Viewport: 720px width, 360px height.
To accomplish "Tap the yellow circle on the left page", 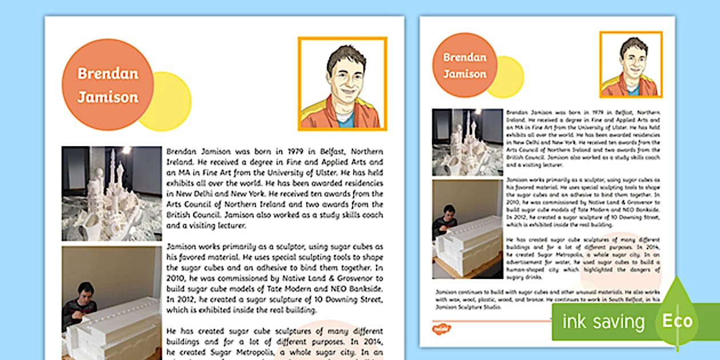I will point(171,103).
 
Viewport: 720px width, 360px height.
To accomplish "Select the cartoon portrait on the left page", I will point(342,83).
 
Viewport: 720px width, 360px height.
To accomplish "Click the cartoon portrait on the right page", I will point(631,65).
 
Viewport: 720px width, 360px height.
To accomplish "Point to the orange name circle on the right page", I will point(465,65).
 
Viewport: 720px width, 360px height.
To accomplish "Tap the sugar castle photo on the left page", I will point(111,193).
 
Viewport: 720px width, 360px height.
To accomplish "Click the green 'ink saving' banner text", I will point(603,322).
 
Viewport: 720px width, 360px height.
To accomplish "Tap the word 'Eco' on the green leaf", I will point(677,321).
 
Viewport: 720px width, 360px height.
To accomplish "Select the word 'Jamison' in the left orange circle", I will point(107,97).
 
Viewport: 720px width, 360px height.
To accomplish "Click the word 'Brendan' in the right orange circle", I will point(465,57).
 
